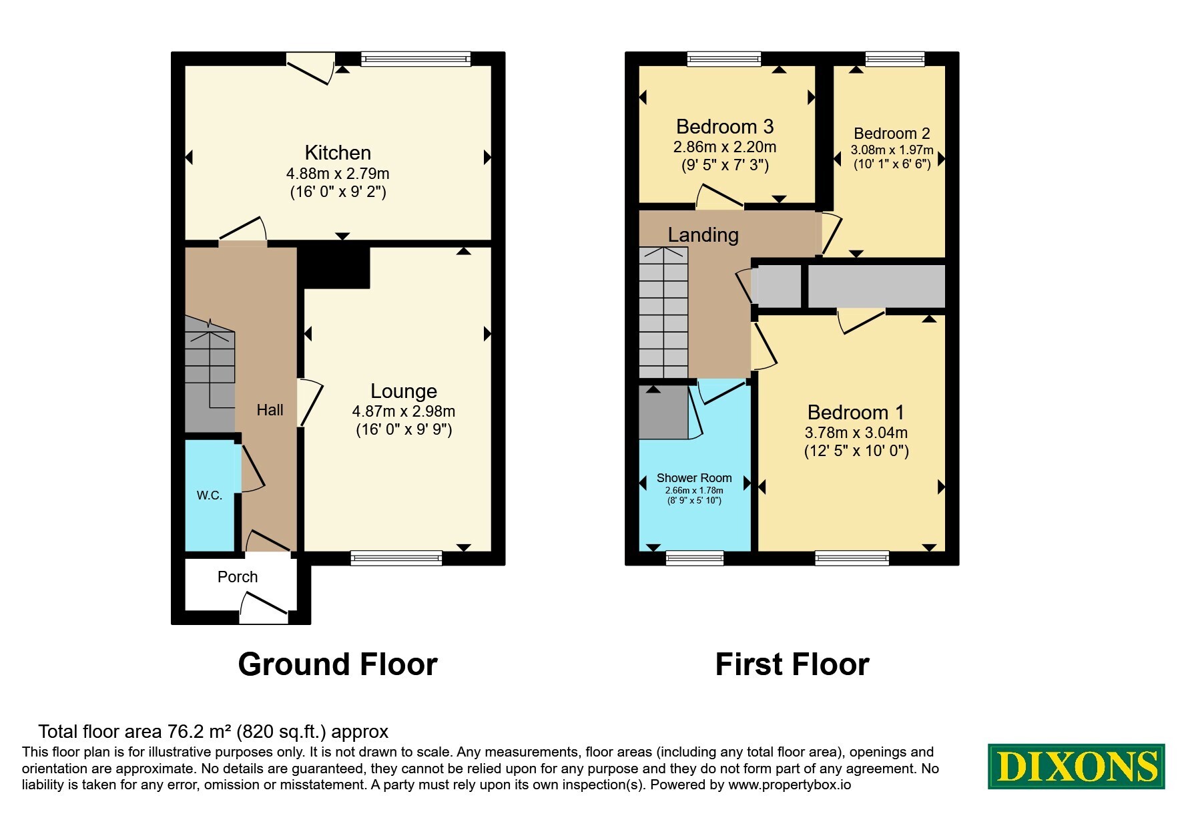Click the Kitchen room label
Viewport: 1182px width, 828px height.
pyautogui.click(x=338, y=153)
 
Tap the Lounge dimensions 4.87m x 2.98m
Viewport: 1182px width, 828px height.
pyautogui.click(x=404, y=411)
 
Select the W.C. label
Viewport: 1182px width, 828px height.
pyautogui.click(x=210, y=495)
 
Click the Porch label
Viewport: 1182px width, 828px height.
pyautogui.click(x=238, y=577)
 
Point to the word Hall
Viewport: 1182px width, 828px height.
pyautogui.click(x=270, y=410)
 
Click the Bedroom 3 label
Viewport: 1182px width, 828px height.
pyautogui.click(x=725, y=126)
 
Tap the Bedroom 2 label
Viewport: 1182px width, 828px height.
pyautogui.click(x=892, y=134)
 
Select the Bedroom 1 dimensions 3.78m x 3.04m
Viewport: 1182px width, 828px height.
pyautogui.click(x=856, y=433)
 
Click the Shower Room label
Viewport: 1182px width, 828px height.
pyautogui.click(x=694, y=478)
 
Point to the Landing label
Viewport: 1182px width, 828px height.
pyautogui.click(x=703, y=235)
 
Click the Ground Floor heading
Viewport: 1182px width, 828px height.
pyautogui.click(x=338, y=664)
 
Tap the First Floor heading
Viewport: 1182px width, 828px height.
pyautogui.click(x=792, y=664)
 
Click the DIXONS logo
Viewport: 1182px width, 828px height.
pyautogui.click(x=1077, y=767)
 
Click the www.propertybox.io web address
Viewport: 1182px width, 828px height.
pyautogui.click(x=790, y=785)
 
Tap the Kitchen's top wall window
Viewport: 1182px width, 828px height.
pyautogui.click(x=416, y=59)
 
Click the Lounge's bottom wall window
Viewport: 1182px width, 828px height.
pyautogui.click(x=396, y=558)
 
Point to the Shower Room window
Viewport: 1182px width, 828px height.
pyautogui.click(x=695, y=558)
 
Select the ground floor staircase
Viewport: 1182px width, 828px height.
pyautogui.click(x=210, y=374)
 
